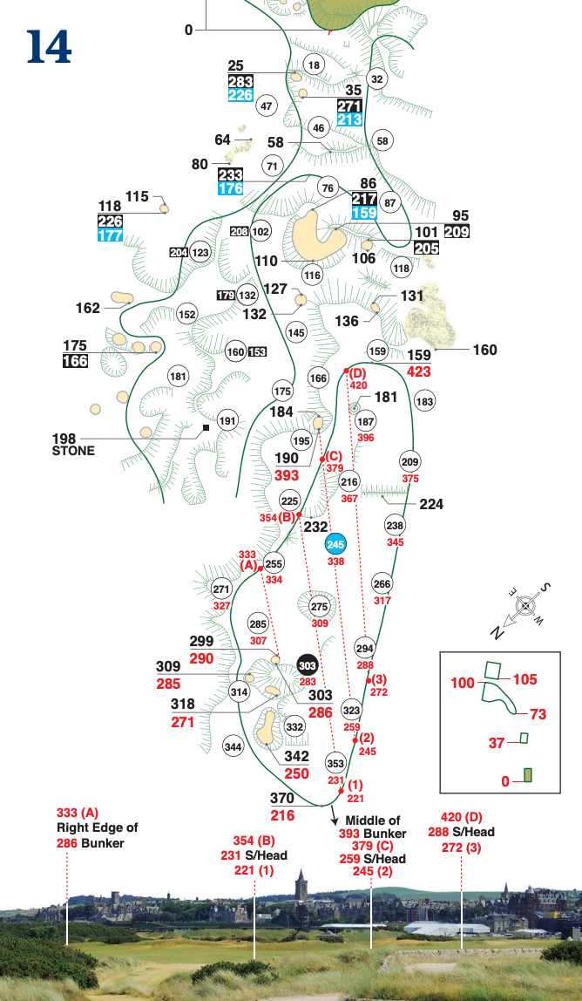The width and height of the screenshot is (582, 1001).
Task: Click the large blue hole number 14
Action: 49,47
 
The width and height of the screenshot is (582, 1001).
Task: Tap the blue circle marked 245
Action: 335,545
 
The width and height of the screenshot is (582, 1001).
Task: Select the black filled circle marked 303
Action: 307,665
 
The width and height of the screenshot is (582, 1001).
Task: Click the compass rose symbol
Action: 524,605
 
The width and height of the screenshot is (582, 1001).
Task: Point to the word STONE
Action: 73,452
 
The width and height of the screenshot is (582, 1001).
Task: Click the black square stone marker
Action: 206,428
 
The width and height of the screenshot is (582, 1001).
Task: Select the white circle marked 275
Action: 319,607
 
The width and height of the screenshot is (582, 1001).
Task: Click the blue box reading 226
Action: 240,96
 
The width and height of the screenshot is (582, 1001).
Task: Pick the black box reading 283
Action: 240,82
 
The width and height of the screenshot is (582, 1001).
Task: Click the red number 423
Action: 418,371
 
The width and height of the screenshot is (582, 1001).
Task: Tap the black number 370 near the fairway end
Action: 282,799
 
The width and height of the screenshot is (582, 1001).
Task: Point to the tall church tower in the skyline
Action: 301,890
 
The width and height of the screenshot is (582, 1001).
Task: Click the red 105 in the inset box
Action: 525,679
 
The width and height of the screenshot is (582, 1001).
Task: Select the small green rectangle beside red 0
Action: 528,775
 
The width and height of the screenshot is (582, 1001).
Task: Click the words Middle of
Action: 373,821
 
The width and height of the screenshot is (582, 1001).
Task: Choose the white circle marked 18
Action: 314,65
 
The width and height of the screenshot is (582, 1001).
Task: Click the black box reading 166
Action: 75,361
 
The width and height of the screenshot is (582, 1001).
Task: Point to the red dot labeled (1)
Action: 341,791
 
